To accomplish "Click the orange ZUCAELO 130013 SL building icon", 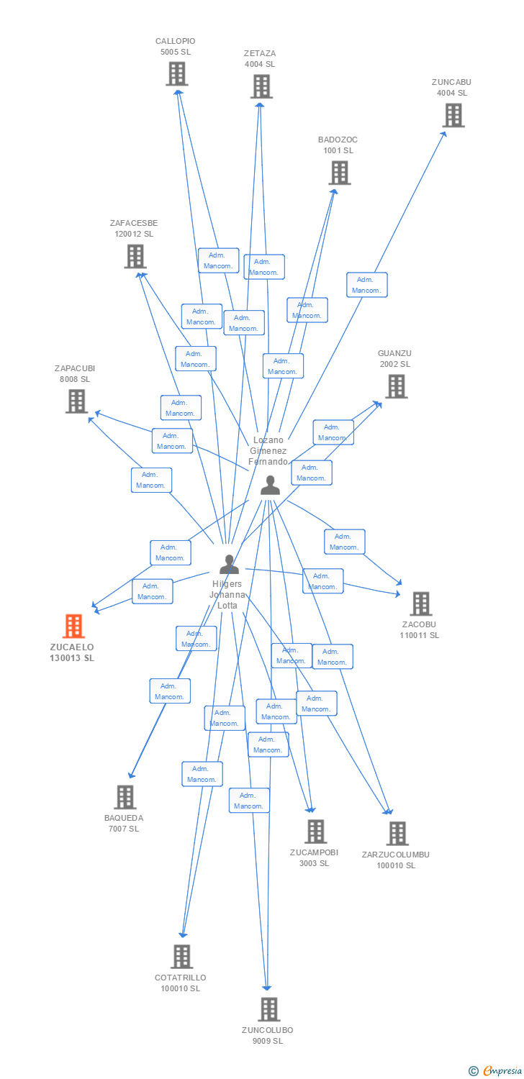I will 73,626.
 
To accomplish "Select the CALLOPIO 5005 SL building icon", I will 177,73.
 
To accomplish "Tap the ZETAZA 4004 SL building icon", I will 261,86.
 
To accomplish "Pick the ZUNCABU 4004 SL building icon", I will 453,115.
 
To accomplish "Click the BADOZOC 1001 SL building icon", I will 340,173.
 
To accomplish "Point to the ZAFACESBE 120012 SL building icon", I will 135,256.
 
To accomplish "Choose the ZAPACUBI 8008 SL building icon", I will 76,401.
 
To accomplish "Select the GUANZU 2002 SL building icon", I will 395,386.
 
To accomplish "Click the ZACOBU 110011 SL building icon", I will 420,604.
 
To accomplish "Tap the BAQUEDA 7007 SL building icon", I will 125,797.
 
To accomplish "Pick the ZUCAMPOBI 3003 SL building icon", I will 315,832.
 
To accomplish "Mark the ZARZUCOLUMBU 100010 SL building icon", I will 397,834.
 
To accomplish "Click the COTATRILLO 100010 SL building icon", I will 181,957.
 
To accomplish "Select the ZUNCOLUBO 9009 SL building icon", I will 268,1009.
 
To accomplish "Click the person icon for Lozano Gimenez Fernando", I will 270,486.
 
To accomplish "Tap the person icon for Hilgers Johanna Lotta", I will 229,564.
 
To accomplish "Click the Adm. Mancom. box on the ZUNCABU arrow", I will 367,285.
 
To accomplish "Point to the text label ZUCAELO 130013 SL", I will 72,652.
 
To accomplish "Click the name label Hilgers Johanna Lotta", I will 227,595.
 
